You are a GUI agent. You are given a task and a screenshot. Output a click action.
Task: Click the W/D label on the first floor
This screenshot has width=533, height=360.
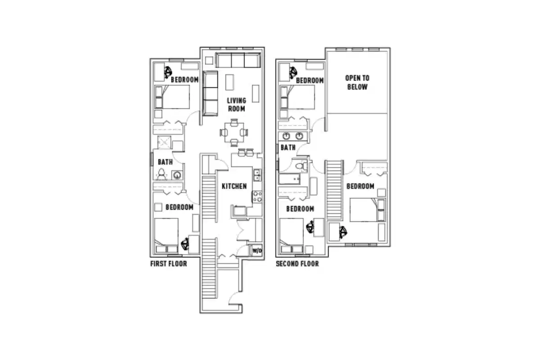[257, 250]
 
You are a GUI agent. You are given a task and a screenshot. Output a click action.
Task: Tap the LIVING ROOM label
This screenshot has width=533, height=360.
[236, 104]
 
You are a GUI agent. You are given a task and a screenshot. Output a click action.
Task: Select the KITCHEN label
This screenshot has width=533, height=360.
[234, 186]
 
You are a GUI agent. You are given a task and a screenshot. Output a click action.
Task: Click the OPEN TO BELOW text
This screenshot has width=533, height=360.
[357, 82]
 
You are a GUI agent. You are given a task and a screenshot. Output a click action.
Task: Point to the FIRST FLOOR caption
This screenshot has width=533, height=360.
[168, 264]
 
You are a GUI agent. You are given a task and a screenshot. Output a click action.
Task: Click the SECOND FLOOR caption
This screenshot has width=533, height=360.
[297, 264]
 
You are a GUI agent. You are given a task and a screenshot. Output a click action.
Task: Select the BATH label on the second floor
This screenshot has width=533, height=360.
[288, 147]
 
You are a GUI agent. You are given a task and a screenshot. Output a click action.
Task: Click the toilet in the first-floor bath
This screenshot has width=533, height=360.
[162, 173]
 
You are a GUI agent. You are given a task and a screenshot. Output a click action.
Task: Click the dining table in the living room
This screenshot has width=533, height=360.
[234, 132]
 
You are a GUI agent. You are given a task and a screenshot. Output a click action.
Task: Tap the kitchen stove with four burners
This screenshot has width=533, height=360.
[257, 196]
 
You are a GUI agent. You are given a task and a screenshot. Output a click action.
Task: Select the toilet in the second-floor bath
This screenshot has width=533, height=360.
[304, 166]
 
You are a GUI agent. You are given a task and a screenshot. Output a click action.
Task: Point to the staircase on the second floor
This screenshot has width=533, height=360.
[334, 189]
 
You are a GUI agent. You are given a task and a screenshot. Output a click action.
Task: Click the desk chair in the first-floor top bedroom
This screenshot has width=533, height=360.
[168, 71]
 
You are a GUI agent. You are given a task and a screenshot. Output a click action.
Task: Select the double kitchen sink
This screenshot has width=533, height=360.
[257, 175]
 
